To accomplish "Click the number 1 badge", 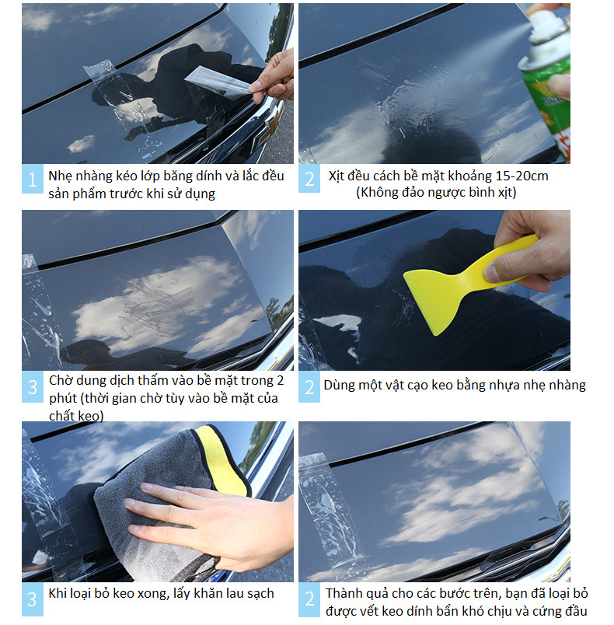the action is click(x=33, y=179).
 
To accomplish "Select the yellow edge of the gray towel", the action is click(x=222, y=462).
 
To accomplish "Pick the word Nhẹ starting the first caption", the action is click(x=60, y=176).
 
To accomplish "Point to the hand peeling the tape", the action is click(x=273, y=75).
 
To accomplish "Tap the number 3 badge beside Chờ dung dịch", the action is click(x=33, y=386).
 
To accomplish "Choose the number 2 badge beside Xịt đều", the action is click(x=309, y=179).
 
